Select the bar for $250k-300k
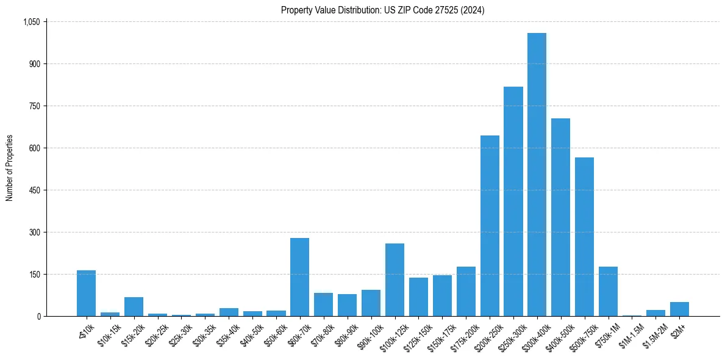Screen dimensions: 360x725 (x=513, y=201)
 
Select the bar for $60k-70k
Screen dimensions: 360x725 (x=299, y=277)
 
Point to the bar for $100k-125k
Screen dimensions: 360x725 (x=395, y=280)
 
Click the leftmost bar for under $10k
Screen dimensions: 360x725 (x=86, y=293)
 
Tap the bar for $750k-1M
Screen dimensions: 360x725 (x=608, y=292)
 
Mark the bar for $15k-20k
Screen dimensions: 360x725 (x=134, y=307)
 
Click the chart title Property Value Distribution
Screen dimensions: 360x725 (x=382, y=10)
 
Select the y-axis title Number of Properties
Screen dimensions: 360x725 (x=10, y=168)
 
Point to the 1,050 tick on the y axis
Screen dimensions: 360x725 (x=31, y=22)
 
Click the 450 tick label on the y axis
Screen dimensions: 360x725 (x=34, y=190)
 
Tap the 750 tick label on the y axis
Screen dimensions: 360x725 (x=34, y=106)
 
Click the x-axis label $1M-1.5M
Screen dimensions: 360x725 (x=630, y=334)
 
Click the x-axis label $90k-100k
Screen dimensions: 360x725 (x=370, y=335)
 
